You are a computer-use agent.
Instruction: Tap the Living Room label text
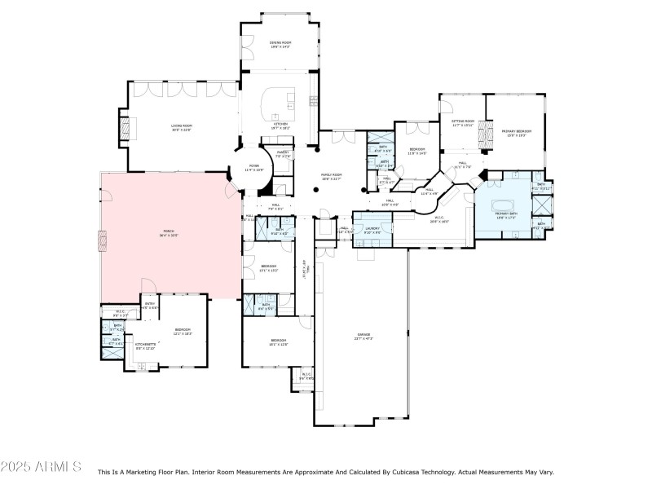coord(181,126)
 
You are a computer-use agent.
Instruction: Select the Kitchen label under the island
coord(280,124)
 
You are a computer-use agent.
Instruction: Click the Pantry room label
coord(283,152)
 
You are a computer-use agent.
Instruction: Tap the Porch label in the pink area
coord(168,232)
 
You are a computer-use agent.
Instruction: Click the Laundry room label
coord(372,229)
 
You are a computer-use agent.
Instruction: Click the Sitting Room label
coord(463,121)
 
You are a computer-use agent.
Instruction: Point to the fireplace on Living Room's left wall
coord(125,130)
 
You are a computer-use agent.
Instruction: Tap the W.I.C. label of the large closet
coord(438,218)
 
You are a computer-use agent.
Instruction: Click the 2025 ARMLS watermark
coord(41,467)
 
